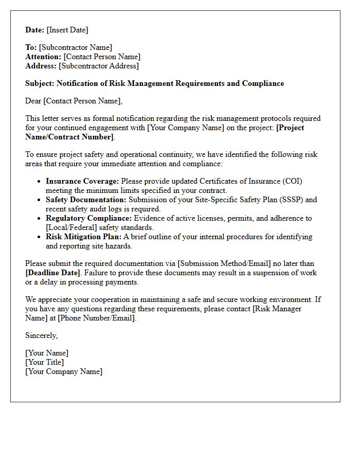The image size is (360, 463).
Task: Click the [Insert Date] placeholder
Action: coord(67,30)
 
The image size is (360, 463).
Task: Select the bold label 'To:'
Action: coord(31,47)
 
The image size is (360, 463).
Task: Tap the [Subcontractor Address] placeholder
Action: coord(99,66)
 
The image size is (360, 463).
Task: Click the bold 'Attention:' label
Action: coord(43,57)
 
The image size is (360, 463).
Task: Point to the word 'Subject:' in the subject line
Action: coord(40,83)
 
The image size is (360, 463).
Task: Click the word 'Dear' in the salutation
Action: coord(33,101)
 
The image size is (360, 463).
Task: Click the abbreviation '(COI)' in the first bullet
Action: coord(291,181)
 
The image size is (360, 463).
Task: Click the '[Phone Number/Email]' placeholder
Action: coord(97,318)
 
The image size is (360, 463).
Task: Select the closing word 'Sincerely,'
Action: coord(42,335)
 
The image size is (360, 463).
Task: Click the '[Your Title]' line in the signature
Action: coord(45,362)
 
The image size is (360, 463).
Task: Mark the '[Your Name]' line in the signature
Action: coord(47,353)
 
